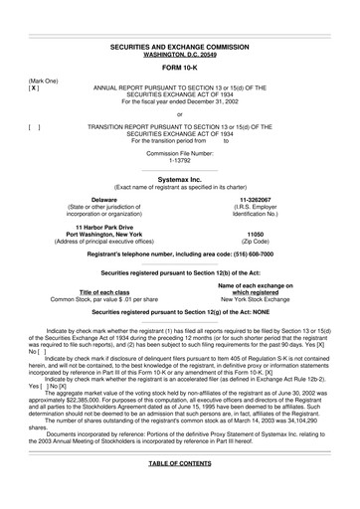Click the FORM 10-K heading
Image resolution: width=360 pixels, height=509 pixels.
180,68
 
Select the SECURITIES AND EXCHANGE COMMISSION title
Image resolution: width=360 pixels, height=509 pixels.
180,47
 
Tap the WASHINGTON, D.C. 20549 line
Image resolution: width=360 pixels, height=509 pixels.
180,55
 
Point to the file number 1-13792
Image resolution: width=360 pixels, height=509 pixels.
180,160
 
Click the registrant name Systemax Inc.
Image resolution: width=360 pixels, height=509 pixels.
180,179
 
